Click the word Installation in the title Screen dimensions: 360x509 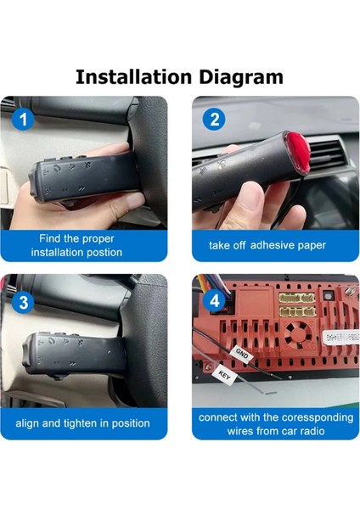133,77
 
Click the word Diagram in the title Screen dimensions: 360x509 241,78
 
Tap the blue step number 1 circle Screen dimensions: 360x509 23,119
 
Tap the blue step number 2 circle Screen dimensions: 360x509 214,120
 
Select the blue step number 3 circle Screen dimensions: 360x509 23,302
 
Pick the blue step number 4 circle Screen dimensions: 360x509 214,301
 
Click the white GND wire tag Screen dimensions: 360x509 241,353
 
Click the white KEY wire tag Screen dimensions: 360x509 224,375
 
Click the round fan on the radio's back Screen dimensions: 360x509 298,334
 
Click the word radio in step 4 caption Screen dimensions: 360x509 312,431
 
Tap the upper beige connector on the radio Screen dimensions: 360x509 297,299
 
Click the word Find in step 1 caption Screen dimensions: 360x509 50,238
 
